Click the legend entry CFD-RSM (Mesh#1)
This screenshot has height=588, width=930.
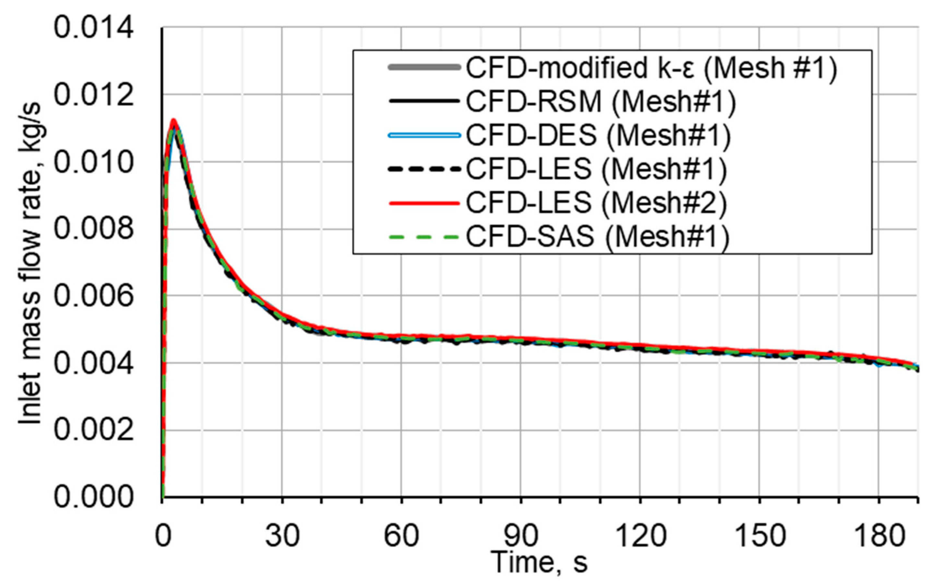click(x=601, y=102)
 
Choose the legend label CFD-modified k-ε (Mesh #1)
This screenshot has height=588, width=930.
click(x=651, y=68)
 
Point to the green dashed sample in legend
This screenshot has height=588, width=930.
click(x=424, y=236)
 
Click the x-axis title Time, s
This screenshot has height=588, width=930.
click(x=539, y=562)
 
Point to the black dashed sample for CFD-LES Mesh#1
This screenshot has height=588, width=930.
click(x=424, y=169)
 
